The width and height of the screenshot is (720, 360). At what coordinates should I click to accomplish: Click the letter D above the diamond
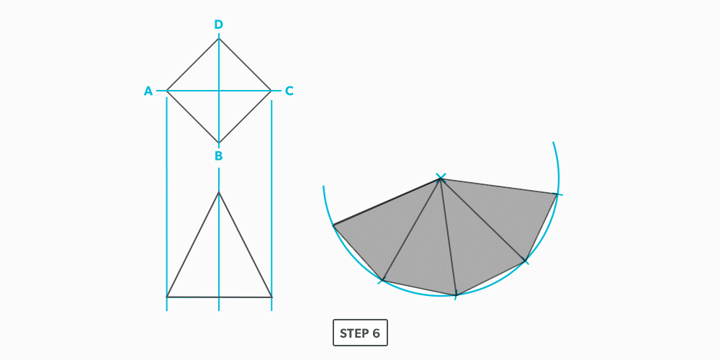[219, 25]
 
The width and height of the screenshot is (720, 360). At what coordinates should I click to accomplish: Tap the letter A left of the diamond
[148, 91]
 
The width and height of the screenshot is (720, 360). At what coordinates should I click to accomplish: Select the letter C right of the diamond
[289, 91]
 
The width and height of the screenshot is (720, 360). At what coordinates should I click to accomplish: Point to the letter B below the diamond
[218, 156]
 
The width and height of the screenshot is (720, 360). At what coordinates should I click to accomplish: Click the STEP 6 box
[360, 333]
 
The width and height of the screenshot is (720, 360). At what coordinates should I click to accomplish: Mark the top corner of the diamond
[219, 38]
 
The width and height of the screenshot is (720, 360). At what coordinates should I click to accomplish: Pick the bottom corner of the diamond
[219, 143]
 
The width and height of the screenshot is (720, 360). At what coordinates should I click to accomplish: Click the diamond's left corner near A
[167, 91]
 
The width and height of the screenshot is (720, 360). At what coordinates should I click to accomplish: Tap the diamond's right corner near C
[271, 91]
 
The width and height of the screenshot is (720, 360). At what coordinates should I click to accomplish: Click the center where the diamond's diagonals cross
[219, 91]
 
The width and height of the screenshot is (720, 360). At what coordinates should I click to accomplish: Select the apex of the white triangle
[219, 192]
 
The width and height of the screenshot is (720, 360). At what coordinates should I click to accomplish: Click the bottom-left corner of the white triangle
[167, 297]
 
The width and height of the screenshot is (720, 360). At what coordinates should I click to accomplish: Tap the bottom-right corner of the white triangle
[271, 297]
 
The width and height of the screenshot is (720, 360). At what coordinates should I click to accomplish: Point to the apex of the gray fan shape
[441, 179]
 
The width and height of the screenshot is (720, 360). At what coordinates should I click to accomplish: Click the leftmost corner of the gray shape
[333, 226]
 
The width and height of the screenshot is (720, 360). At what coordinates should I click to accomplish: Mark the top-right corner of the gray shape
[557, 194]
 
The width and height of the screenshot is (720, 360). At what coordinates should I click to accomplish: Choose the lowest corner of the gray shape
[456, 294]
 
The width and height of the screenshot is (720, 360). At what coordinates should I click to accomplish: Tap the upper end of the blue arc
[553, 143]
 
